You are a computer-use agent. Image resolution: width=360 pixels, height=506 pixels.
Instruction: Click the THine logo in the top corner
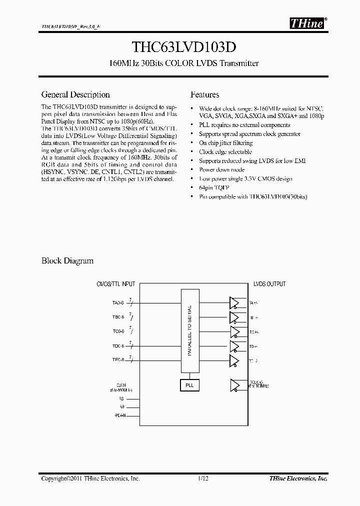click(x=307, y=23)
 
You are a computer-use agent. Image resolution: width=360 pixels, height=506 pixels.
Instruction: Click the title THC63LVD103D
click(x=180, y=46)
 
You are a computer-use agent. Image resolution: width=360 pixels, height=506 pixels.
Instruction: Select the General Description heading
click(x=75, y=94)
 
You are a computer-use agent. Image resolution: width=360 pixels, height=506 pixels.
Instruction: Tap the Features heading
click(x=204, y=94)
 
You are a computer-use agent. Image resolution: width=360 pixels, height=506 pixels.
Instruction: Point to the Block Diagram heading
click(x=67, y=260)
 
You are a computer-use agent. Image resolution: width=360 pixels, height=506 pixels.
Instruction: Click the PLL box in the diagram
click(x=189, y=385)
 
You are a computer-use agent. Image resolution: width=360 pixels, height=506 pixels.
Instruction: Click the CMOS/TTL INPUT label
click(x=115, y=284)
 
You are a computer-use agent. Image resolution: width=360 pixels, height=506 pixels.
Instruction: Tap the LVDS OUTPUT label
click(x=269, y=284)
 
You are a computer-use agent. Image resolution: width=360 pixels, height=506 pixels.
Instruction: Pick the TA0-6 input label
click(x=118, y=302)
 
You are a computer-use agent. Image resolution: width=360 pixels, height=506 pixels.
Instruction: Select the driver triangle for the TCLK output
click(x=234, y=385)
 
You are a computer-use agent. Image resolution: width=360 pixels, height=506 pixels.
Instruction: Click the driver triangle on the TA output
click(x=234, y=302)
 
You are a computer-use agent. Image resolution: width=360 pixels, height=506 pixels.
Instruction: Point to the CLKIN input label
click(x=120, y=385)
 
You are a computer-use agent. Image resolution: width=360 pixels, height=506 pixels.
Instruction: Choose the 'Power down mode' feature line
click(x=221, y=169)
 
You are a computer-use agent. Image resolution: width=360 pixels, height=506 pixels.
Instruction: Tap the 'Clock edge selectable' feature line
click(x=225, y=151)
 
